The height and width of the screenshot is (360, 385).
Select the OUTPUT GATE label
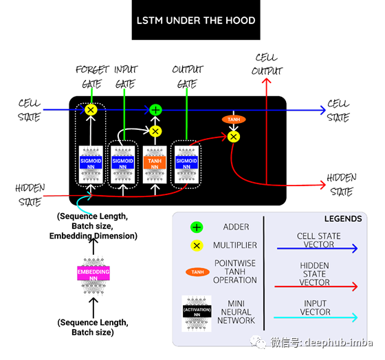[188, 78]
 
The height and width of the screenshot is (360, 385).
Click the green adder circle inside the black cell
[155, 109]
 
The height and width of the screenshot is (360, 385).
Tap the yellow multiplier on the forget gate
[90, 109]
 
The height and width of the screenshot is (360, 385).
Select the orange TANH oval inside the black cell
[234, 119]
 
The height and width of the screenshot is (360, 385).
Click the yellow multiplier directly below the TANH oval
[234, 136]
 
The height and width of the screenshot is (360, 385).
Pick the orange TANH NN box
[155, 164]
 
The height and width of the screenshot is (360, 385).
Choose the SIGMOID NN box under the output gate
[188, 164]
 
